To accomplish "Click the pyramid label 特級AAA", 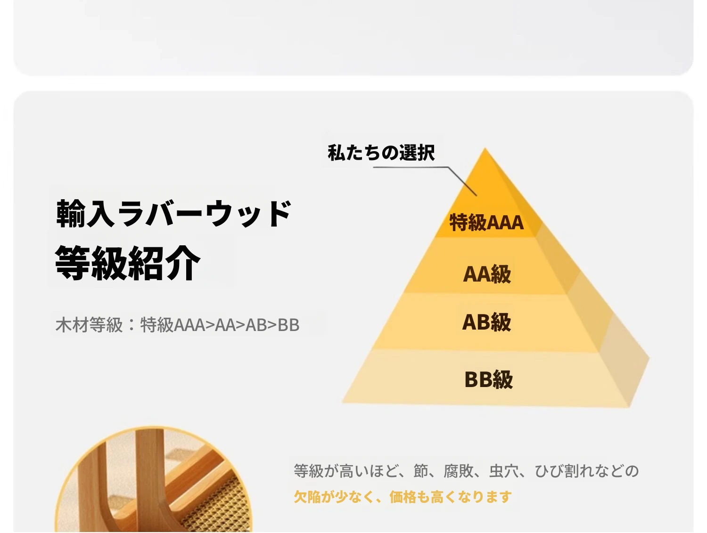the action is point(486,222).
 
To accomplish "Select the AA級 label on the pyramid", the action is point(487,274).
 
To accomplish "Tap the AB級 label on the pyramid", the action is point(487,322).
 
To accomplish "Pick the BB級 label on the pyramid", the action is point(489,380).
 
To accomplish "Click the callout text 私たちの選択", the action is point(381,153).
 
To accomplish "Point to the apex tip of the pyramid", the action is point(485,148).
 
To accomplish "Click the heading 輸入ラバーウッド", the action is point(174,213).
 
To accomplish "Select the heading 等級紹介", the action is point(128,263).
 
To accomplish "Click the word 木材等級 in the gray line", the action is point(89,324).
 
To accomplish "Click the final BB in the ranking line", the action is point(288,325).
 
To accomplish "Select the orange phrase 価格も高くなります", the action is point(451,497).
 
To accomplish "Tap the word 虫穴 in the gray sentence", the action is point(504,471).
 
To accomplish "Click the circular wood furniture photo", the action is point(154,479).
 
